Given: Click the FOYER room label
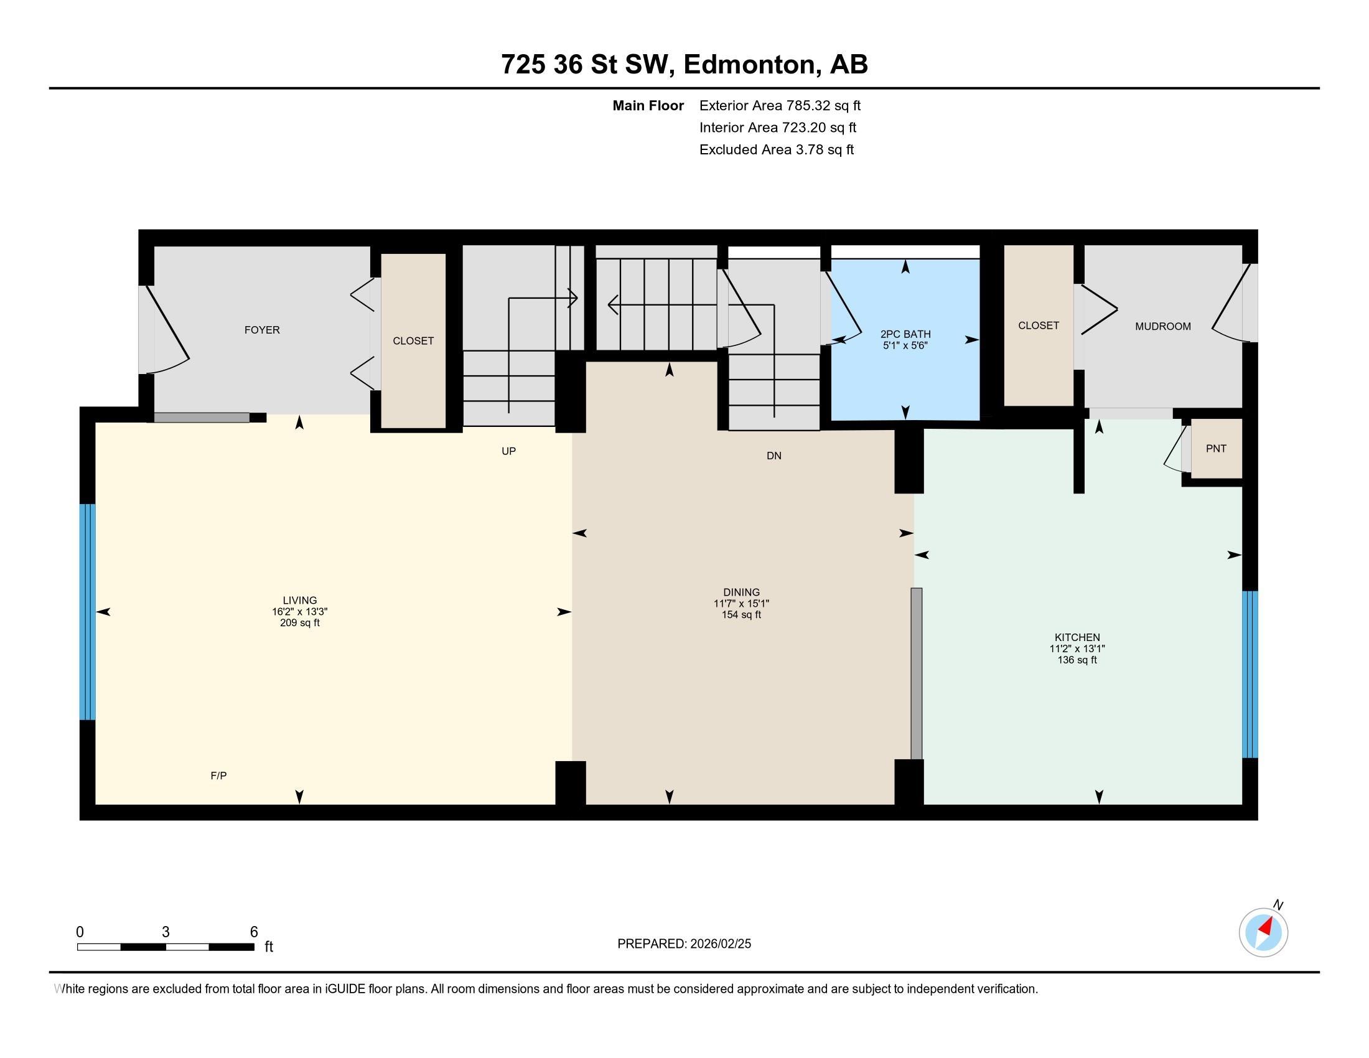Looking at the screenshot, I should tap(262, 330).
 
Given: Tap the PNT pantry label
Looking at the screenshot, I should tap(1215, 449).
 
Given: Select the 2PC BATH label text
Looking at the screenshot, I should tap(905, 334).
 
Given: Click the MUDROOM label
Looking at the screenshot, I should tap(1162, 326).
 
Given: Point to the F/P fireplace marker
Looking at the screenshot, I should tap(218, 775).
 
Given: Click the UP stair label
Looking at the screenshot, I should tap(508, 451).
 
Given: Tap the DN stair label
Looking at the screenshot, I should tap(773, 456).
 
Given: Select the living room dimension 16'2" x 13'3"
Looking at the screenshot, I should tap(300, 612).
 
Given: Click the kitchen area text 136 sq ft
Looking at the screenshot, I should tap(1077, 660).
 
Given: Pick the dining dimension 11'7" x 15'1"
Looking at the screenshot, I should tap(741, 604).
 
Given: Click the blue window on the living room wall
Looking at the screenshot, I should tap(87, 612).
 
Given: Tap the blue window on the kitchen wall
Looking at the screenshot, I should tap(1250, 675).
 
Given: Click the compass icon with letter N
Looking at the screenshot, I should tap(1263, 932).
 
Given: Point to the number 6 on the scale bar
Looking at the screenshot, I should tap(254, 932).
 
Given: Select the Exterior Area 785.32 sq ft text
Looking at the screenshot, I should tap(780, 106).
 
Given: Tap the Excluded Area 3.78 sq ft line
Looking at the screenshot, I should tap(776, 150).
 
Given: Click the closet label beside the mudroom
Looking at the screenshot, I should tap(1038, 325).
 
